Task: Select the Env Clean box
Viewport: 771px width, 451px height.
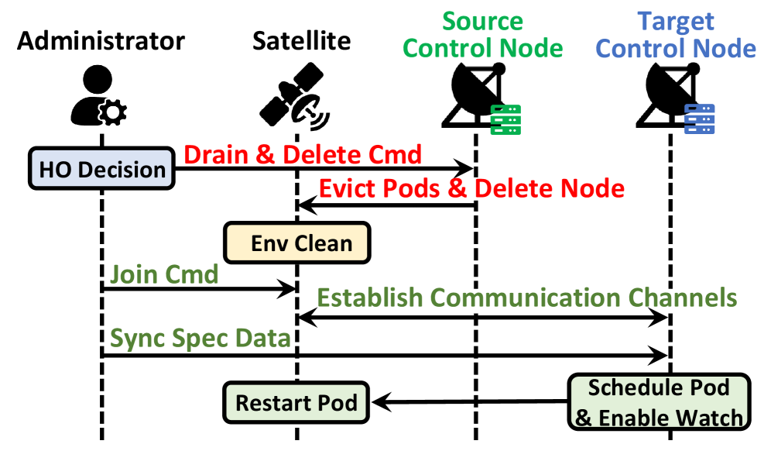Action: tap(297, 243)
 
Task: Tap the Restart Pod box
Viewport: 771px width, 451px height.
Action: tap(296, 403)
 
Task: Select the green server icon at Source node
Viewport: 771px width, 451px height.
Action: tap(507, 119)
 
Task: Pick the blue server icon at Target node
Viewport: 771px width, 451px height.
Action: tap(700, 119)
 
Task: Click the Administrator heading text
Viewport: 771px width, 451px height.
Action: tap(101, 41)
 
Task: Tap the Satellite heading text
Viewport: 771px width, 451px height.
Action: tap(301, 41)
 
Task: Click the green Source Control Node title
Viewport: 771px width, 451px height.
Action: tap(483, 35)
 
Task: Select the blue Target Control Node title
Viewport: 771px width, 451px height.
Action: tap(676, 35)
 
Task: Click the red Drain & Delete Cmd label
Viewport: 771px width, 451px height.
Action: tap(303, 154)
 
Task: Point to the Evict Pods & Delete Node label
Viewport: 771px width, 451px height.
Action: tap(471, 188)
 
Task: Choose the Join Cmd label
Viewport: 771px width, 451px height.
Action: tap(164, 274)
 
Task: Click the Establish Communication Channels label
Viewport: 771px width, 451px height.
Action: tap(526, 298)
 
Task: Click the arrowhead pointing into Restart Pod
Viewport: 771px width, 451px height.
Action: tap(380, 402)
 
